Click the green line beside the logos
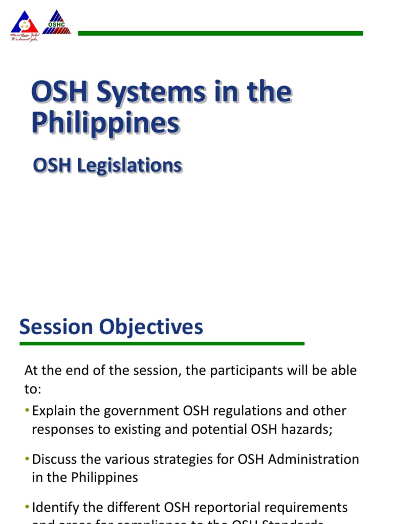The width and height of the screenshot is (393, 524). pos(220,33)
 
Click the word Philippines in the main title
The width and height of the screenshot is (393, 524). pos(105,123)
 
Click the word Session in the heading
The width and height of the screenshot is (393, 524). pos(56,327)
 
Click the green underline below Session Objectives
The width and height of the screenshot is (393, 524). pos(162,344)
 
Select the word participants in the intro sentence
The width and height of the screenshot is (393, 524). pos(229,370)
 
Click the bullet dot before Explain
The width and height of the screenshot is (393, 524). pos(27,411)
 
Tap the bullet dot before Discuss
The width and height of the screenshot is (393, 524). pos(27,459)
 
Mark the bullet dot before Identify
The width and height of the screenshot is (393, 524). pos(27,507)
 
